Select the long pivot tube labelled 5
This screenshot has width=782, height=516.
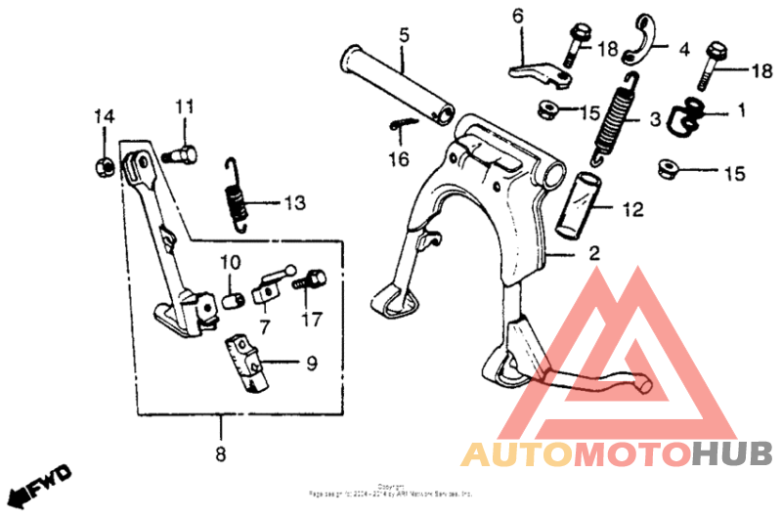(396, 84)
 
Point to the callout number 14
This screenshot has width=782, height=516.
(104, 116)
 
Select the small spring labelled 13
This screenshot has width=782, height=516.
(236, 195)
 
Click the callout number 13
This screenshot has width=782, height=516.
(294, 203)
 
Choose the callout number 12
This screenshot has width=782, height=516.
(632, 207)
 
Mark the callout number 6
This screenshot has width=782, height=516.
(518, 16)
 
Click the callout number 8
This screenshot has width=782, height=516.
(220, 453)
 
